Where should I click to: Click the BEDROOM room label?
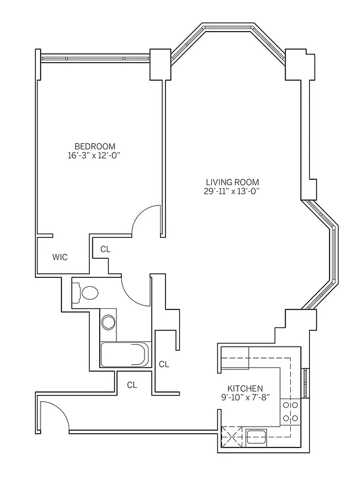(94, 146)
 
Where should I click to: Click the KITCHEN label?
(245, 388)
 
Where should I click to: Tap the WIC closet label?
(60, 258)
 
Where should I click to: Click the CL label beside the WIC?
(104, 249)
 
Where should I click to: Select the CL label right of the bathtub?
(164, 364)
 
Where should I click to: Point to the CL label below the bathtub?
(132, 385)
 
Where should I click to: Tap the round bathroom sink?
(108, 323)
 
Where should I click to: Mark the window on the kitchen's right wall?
(305, 383)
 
